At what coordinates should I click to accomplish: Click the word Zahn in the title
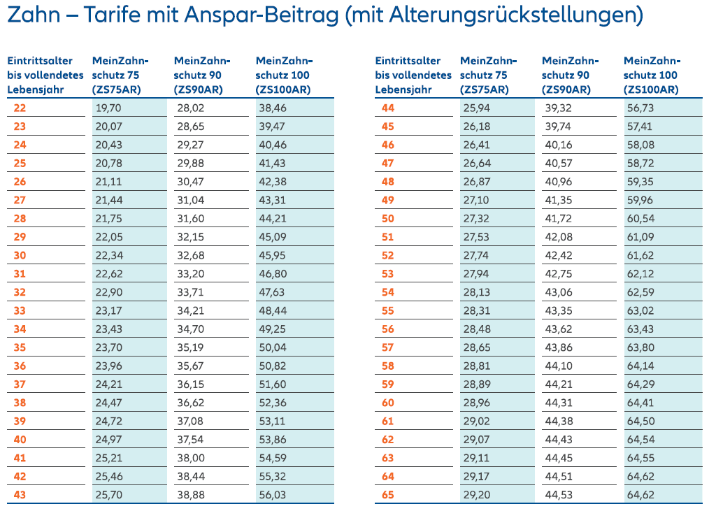point(34,15)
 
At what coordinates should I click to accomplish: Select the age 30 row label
point(20,255)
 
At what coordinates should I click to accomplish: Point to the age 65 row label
point(388,495)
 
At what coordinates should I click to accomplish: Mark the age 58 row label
point(388,366)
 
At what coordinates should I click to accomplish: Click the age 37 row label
point(20,384)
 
